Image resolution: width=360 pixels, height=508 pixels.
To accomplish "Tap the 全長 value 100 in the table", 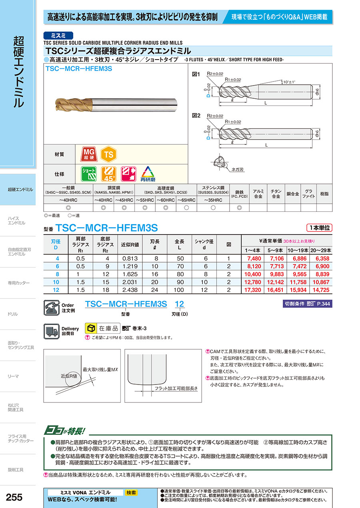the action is (x=179, y=289).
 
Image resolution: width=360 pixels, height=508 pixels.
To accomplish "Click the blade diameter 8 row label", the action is (x=58, y=274).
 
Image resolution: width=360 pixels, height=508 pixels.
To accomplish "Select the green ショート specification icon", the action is (x=89, y=174).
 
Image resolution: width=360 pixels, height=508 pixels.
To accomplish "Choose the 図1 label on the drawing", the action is (x=196, y=75).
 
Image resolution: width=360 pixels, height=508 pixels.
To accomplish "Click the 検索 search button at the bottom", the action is (x=131, y=493).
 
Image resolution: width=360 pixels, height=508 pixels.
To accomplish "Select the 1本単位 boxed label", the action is (x=319, y=228).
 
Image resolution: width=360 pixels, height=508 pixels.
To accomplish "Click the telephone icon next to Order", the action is (x=51, y=308).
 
